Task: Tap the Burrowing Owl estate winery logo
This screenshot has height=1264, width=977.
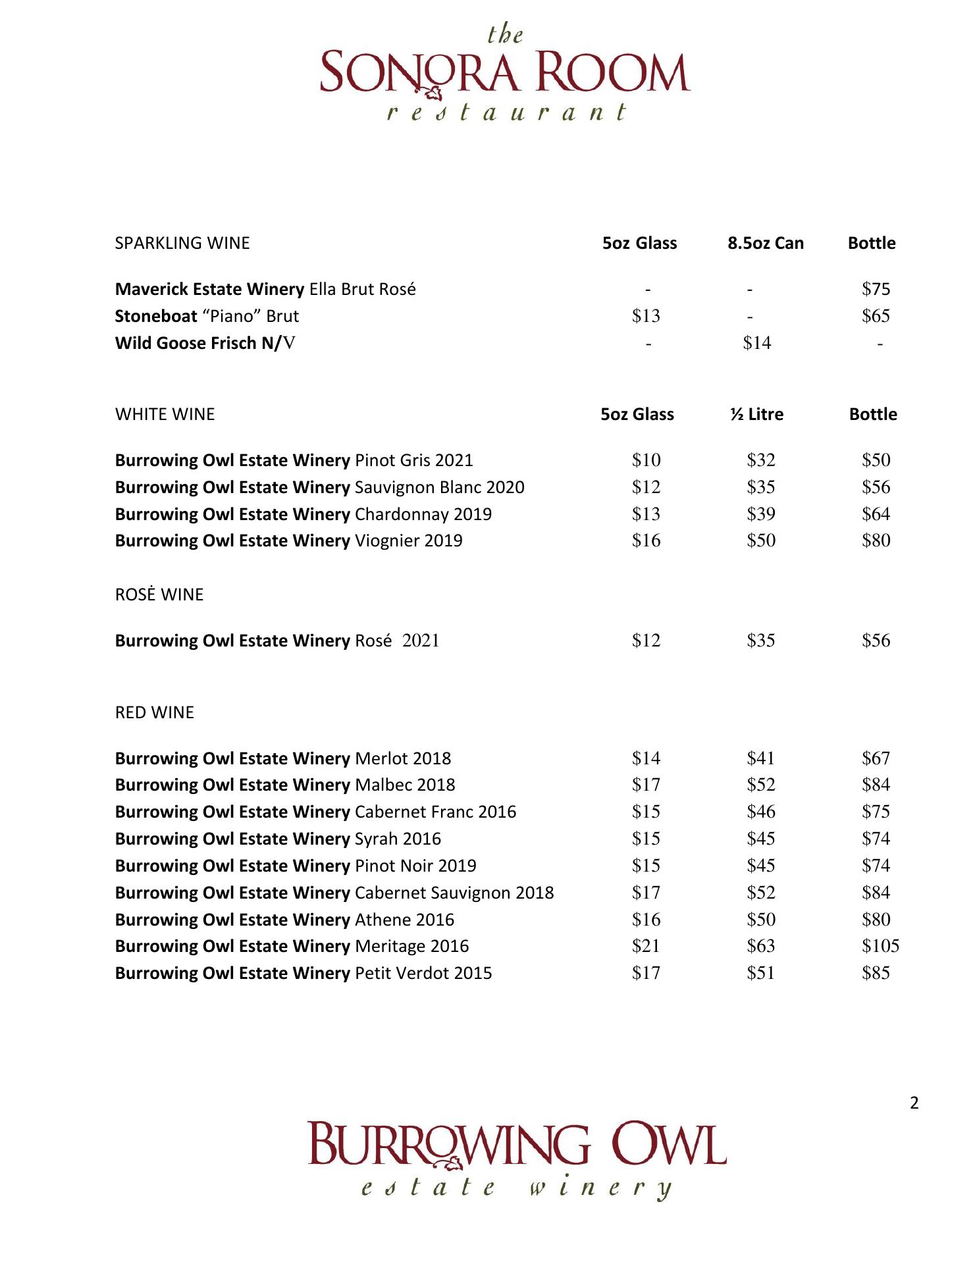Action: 517,1160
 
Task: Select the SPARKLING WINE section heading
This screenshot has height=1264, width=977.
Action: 182,243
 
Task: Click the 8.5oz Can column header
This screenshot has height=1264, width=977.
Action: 765,243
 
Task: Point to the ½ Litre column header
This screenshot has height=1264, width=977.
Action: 756,414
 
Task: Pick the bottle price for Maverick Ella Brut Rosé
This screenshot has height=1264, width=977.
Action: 876,289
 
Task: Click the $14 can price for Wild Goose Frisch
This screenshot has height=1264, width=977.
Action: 756,342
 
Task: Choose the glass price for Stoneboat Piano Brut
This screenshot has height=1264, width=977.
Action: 646,316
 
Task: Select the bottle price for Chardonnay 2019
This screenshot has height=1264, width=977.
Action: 876,513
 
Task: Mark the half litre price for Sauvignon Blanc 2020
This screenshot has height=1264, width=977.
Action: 760,487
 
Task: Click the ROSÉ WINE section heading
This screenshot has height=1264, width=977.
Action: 159,594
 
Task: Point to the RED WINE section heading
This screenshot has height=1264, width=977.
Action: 155,712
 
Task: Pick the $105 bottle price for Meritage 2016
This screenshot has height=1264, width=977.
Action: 880,946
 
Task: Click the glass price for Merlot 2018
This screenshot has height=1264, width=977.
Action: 646,758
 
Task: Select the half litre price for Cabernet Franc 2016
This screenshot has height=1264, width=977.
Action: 760,812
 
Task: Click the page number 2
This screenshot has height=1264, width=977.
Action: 914,1103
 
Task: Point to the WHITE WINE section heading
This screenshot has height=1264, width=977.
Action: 165,414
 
